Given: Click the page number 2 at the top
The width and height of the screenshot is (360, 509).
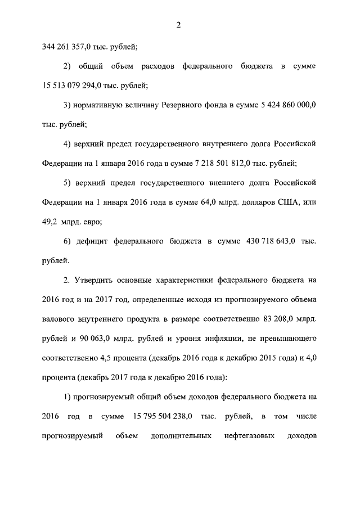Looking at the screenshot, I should click(178, 24).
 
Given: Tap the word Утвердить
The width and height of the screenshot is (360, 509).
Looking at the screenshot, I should click(96, 280).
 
